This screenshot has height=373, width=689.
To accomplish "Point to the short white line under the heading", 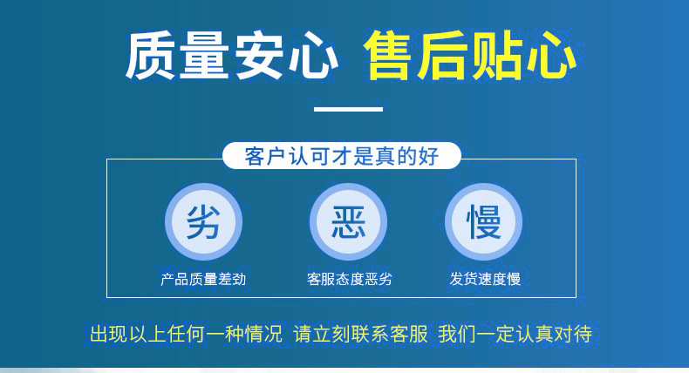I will (348, 109).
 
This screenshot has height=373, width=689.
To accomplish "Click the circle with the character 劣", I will (203, 222).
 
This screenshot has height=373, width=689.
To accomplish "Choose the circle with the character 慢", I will (484, 222).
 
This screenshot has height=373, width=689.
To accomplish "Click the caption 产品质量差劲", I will (203, 279).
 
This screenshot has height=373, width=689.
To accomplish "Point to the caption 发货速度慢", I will (485, 279).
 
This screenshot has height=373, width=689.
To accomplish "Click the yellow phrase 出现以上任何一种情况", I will (187, 334).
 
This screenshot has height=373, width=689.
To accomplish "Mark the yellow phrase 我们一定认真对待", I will (515, 334).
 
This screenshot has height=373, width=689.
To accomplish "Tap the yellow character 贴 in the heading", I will (497, 56).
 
